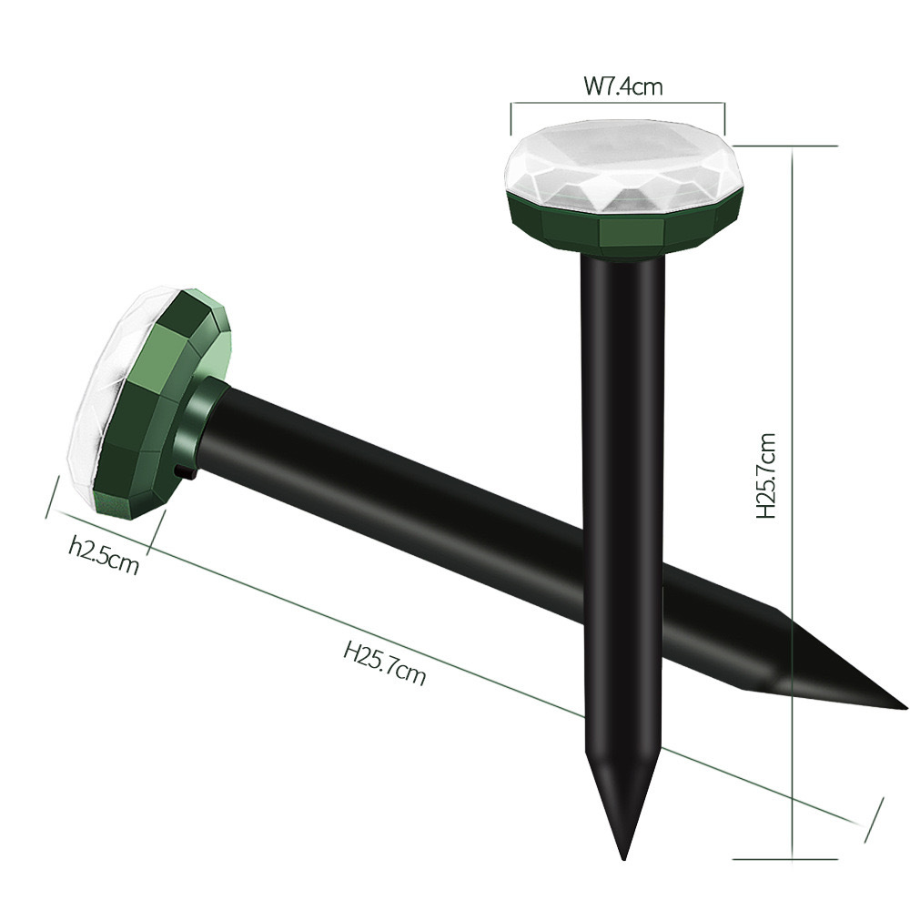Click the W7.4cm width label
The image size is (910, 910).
622,87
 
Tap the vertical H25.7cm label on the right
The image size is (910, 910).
767,475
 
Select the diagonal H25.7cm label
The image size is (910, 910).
384,662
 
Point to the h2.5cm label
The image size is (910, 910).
105,555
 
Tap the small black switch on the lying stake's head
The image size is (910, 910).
185,473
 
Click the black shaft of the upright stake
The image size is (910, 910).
623,455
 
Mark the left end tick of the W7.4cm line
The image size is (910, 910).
511,117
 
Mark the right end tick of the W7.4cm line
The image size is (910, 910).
725,117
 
